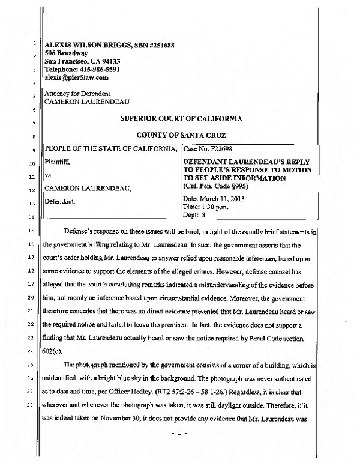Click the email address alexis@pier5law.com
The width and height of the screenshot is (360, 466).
coord(76,77)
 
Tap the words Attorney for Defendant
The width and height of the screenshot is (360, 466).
coord(76,94)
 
